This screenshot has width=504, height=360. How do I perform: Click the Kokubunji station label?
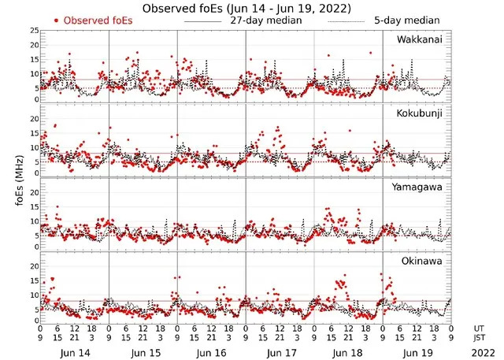[x=418, y=113]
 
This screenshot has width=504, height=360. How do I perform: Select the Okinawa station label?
[x=421, y=259]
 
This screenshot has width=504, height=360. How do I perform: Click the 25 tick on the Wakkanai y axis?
[x=34, y=31]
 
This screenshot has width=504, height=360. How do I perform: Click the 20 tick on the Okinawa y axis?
[x=34, y=266]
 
